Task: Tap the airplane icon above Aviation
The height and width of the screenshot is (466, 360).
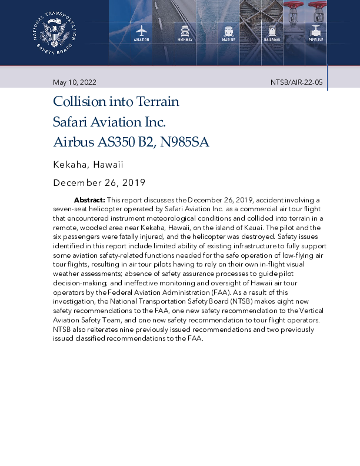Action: point(141,31)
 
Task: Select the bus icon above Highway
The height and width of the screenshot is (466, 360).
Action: point(185,31)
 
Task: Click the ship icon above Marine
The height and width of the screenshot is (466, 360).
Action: point(228,31)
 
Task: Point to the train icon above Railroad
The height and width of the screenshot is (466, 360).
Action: point(272,31)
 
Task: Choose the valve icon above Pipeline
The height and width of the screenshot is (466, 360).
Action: point(316,31)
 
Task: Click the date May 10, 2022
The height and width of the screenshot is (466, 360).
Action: point(75,82)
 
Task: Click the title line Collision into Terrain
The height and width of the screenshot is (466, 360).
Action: point(116,102)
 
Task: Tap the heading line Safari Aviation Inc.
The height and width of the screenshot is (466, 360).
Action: point(109,122)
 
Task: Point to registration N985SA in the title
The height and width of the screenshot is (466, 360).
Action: point(182,142)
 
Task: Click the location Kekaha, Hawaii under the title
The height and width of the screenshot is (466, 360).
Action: point(88,165)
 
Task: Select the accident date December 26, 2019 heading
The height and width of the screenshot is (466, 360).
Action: point(99,183)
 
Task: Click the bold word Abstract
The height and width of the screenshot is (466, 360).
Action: point(89,200)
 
